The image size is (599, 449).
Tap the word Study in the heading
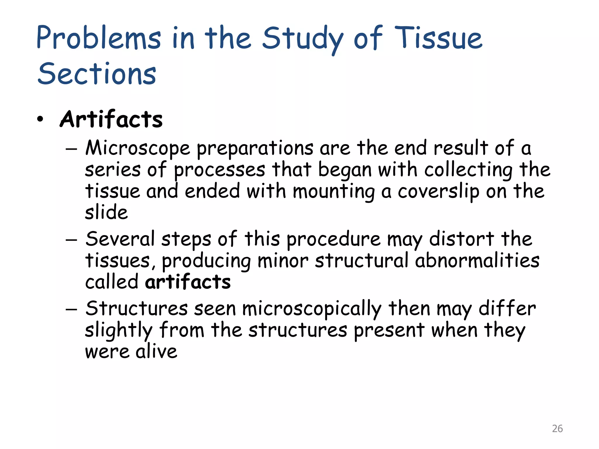[x=303, y=39]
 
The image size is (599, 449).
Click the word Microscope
[x=138, y=148]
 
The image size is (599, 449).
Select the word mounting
[x=334, y=192]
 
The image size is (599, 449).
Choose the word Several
[x=120, y=239]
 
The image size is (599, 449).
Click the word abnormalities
[x=477, y=260]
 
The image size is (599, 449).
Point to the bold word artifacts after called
[x=188, y=282]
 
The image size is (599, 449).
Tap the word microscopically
[x=312, y=309]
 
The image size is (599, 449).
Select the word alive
[x=156, y=351]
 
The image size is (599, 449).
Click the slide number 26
[x=557, y=429]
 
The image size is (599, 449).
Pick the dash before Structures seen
[x=71, y=309]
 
